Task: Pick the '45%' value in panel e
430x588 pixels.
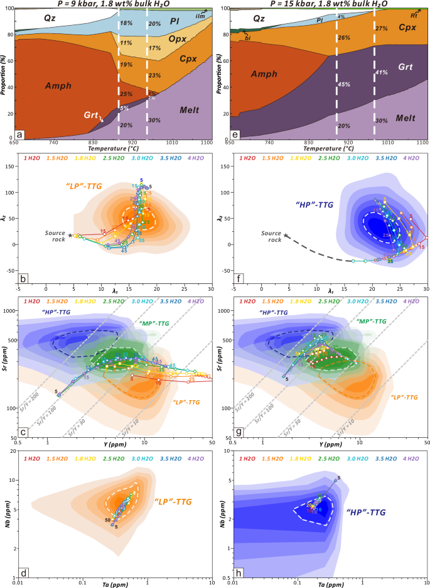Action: coord(344,84)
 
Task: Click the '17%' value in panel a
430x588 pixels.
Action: coord(154,48)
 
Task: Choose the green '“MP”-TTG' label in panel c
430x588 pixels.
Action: coord(153,322)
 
